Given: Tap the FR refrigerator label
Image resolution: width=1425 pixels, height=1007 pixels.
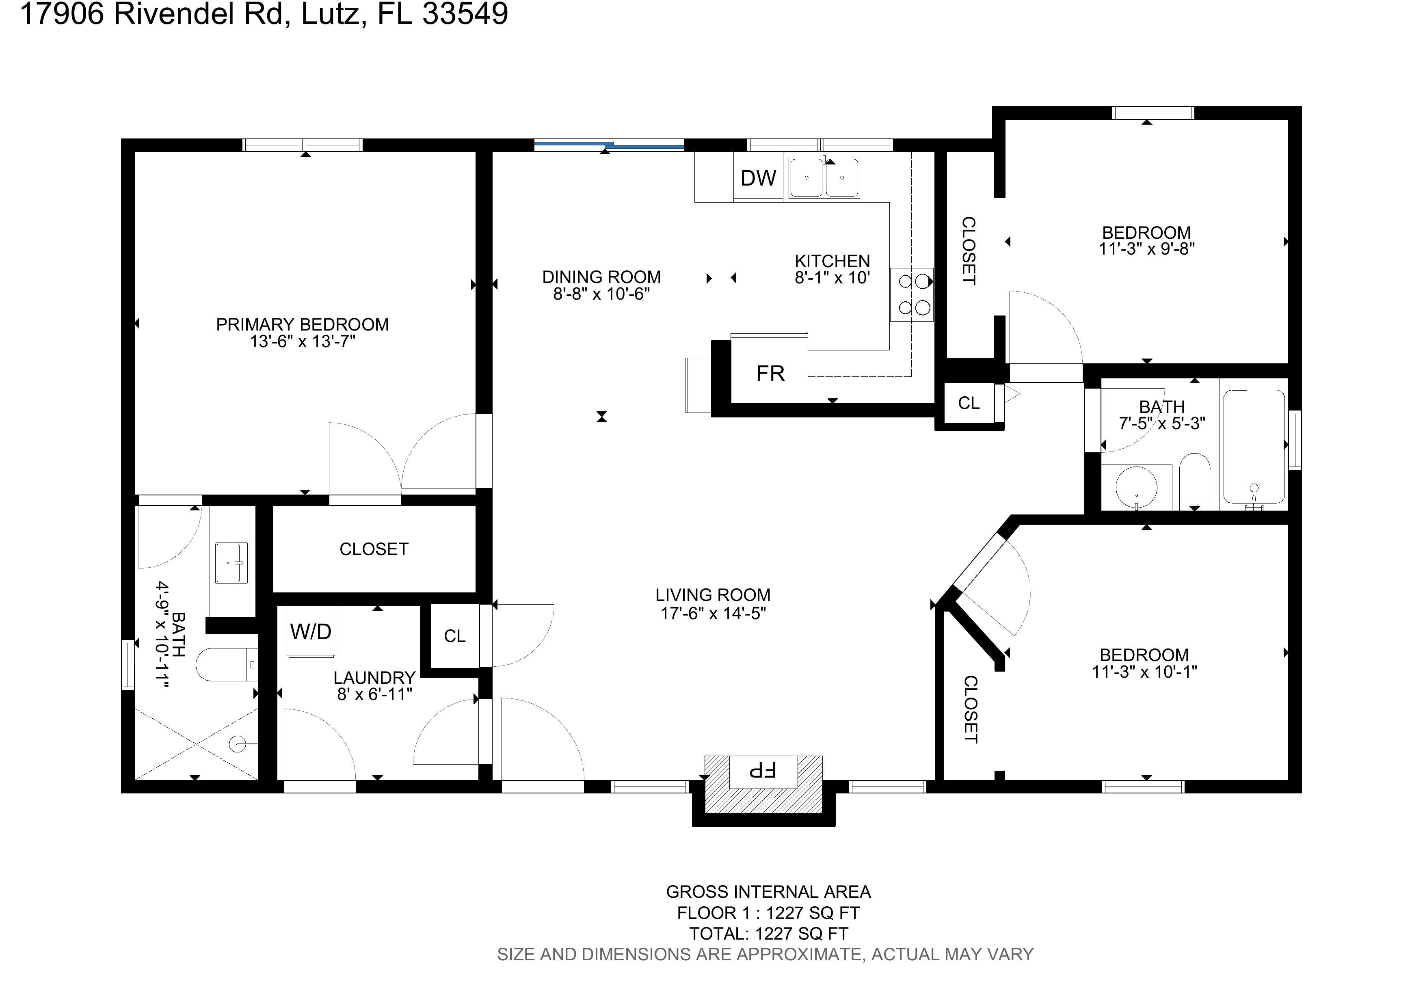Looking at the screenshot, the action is pyautogui.click(x=770, y=374).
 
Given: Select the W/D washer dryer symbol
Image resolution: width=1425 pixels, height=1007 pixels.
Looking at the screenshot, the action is pyautogui.click(x=311, y=631).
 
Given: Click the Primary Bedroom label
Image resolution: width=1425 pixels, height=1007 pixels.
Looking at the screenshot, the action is pyautogui.click(x=302, y=324).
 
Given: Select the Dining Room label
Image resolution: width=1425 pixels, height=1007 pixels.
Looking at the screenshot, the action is pyautogui.click(x=601, y=277).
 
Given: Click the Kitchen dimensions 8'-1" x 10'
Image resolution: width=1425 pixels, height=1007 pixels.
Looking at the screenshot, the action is pyautogui.click(x=832, y=278).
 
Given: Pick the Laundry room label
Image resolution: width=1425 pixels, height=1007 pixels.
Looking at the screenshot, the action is pyautogui.click(x=374, y=678).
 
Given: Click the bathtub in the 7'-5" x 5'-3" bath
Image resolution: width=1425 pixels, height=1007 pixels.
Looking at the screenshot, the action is pyautogui.click(x=1254, y=447).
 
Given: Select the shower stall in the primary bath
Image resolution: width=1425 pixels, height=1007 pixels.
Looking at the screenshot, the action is pyautogui.click(x=196, y=743).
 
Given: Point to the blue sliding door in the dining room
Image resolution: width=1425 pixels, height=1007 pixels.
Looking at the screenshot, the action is pyautogui.click(x=609, y=145).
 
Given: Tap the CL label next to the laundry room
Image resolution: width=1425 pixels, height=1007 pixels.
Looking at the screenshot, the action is pyautogui.click(x=454, y=636).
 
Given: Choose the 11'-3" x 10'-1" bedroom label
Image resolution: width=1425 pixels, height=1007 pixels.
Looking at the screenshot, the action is pyautogui.click(x=1144, y=663).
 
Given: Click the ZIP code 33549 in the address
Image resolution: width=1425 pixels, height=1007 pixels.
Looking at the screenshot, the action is pyautogui.click(x=465, y=14).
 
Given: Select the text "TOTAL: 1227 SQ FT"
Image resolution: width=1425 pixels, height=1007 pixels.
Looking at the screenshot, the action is pyautogui.click(x=768, y=934).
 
